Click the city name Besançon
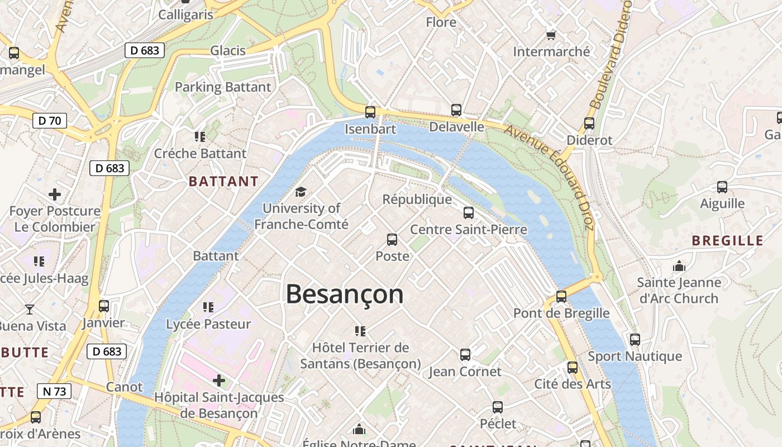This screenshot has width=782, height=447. pyautogui.click(x=345, y=294)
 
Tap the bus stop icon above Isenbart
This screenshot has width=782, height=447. pyautogui.click(x=370, y=112)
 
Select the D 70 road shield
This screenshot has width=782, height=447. pyautogui.click(x=50, y=121)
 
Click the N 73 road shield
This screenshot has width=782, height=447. pyautogui.click(x=54, y=391)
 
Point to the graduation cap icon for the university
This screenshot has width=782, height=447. pyautogui.click(x=301, y=192)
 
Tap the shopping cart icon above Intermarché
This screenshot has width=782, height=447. pyautogui.click(x=551, y=35)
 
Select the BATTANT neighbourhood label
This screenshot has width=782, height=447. pyautogui.click(x=223, y=182)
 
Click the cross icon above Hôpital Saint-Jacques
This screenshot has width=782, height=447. pyautogui.click(x=219, y=381)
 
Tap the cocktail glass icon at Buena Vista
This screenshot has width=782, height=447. pyautogui.click(x=30, y=309)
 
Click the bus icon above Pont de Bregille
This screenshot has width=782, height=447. pyautogui.click(x=561, y=297)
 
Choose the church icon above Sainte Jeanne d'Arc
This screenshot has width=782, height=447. pyautogui.click(x=679, y=266)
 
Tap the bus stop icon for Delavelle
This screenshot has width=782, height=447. pyautogui.click(x=456, y=110)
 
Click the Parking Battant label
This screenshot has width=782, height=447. pyautogui.click(x=223, y=87)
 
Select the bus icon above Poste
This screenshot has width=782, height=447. pyautogui.click(x=392, y=240)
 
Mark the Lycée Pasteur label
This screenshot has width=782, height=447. pyautogui.click(x=208, y=324)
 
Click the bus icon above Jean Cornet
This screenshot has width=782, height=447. pyautogui.click(x=465, y=355)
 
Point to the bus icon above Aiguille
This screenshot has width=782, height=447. pyautogui.click(x=722, y=187)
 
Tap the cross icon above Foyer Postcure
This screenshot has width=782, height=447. pyautogui.click(x=55, y=194)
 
